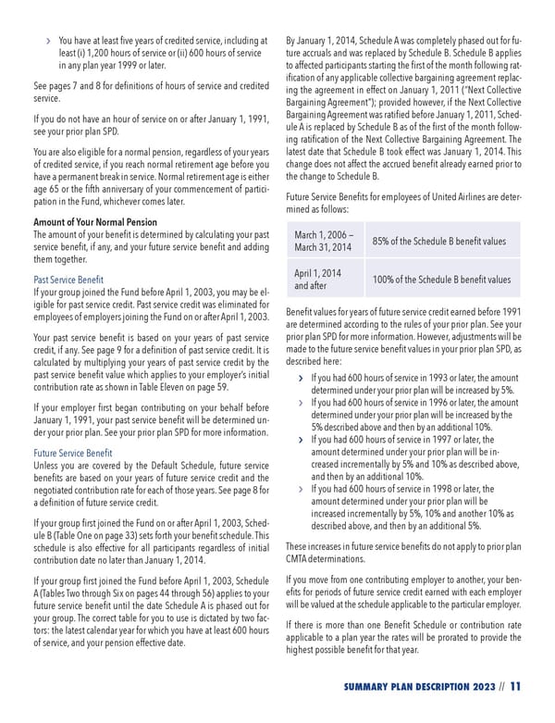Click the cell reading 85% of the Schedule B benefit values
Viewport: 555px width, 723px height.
438,241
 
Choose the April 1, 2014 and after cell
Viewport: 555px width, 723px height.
317,280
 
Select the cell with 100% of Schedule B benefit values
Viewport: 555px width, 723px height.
440,280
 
